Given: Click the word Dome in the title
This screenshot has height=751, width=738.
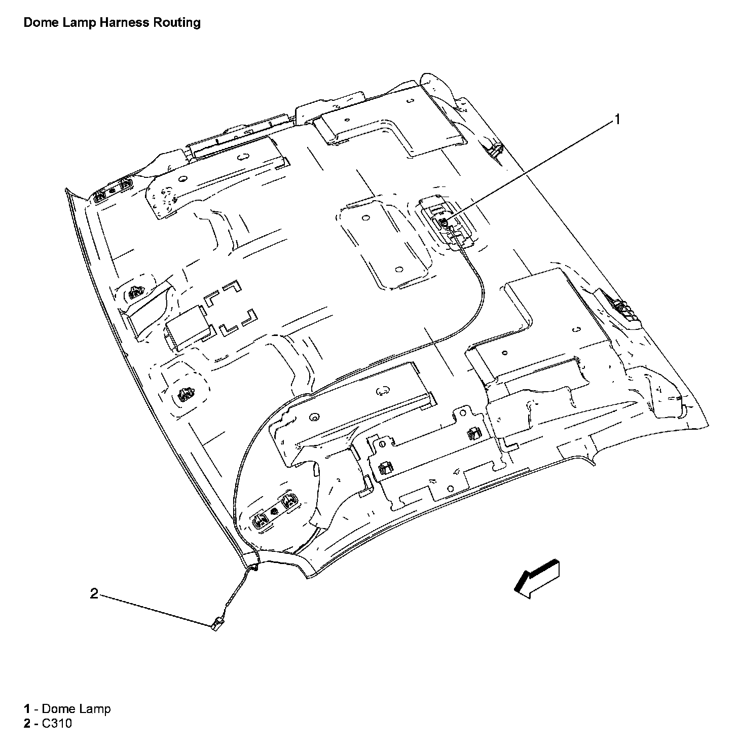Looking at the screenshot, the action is tap(41, 23).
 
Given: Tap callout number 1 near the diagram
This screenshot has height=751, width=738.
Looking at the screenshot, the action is tap(617, 119).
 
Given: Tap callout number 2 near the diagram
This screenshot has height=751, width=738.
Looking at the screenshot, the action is tap(94, 593).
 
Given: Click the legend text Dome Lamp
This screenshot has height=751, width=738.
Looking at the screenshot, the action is tap(76, 709).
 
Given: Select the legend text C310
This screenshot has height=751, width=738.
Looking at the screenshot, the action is tap(57, 723).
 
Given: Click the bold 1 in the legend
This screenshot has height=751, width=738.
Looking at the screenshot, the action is tap(27, 709).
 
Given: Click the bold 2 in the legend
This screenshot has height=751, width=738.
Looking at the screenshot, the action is tap(27, 723).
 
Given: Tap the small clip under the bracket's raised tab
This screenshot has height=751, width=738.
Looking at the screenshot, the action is tap(474, 433).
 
